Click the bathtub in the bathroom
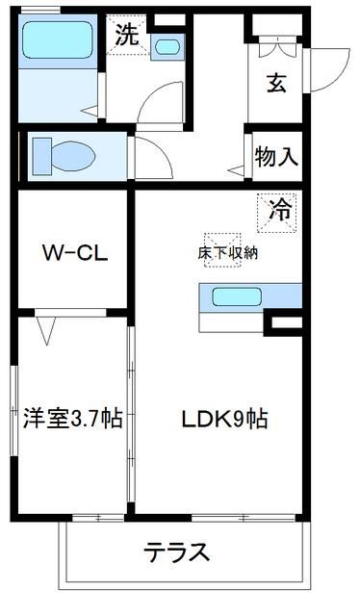click(55, 42)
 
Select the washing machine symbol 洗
click(126, 38)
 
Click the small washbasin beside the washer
click(167, 45)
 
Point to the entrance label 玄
click(276, 83)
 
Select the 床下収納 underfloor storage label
click(228, 253)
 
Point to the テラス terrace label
click(177, 552)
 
